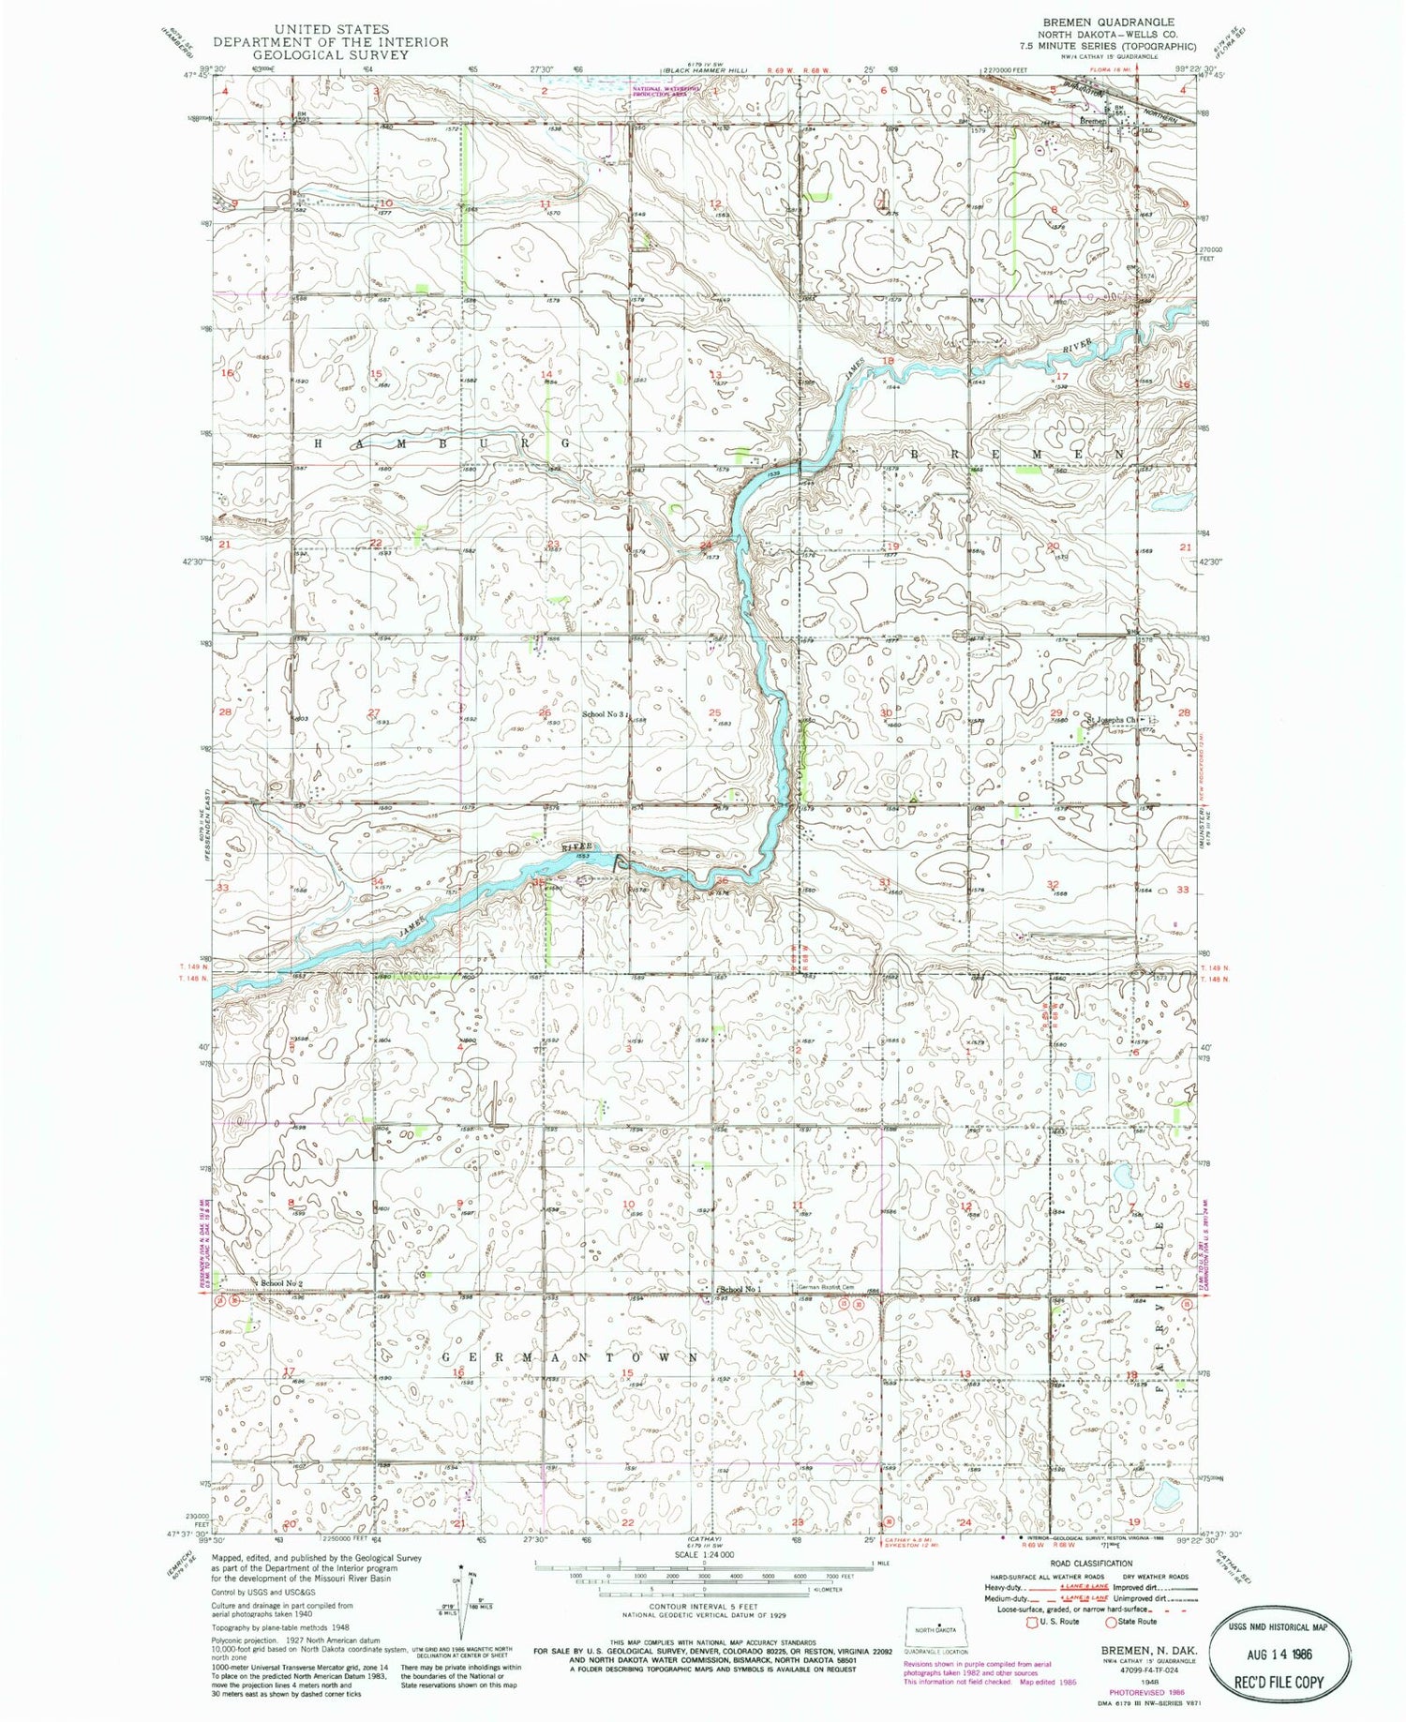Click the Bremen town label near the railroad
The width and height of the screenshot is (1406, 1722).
point(1093,121)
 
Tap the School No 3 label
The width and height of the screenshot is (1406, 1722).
point(604,714)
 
